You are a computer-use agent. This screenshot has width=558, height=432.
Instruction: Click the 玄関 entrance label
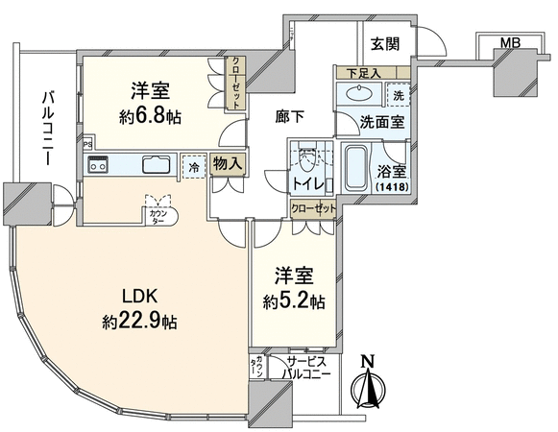coord(385,44)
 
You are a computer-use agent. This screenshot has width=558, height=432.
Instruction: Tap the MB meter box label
coord(510,43)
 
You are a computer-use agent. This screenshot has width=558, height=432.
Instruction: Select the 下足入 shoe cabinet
coord(374,73)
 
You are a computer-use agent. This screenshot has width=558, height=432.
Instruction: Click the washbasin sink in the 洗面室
coord(359,94)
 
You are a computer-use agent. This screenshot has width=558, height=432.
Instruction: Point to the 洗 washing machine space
coord(399,95)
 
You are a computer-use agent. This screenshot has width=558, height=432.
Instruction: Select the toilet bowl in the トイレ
coord(307,161)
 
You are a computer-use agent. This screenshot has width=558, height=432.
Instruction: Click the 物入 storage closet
coord(228,164)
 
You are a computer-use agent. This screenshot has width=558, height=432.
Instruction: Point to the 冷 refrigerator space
coord(194,166)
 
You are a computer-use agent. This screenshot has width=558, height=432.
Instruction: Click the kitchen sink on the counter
coord(157,165)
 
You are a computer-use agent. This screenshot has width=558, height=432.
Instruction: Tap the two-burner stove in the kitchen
coord(98,164)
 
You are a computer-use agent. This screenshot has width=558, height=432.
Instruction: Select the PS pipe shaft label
coord(86,144)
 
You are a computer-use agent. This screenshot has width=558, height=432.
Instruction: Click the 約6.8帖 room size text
coord(150,116)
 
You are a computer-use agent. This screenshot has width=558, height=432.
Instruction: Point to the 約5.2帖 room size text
coord(294,301)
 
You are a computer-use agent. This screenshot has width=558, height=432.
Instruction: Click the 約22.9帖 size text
coord(139,322)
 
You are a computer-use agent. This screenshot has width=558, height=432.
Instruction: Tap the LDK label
coord(139,296)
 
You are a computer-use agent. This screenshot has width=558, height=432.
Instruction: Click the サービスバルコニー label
coord(306,369)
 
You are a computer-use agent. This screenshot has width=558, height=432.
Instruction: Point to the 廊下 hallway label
coord(290,117)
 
